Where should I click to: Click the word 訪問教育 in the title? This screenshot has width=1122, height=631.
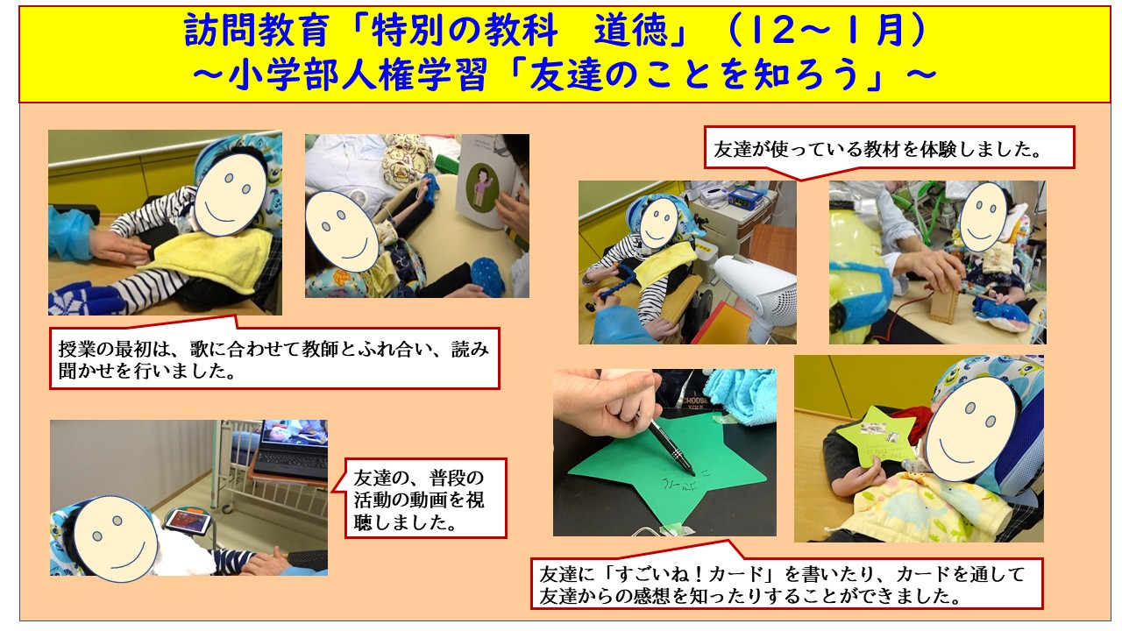[x=257, y=30]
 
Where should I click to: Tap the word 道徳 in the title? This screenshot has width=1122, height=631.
[x=631, y=30]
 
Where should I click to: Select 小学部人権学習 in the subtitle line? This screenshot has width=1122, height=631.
[x=357, y=76]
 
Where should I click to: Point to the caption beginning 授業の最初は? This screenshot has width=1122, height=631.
[x=273, y=359]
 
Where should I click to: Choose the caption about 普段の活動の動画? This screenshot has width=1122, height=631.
[x=419, y=500]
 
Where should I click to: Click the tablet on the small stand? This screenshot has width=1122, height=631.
[x=187, y=521]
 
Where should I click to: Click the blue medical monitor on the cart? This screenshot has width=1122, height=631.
[x=745, y=196]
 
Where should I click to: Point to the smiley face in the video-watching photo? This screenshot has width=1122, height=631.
[x=116, y=539]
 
